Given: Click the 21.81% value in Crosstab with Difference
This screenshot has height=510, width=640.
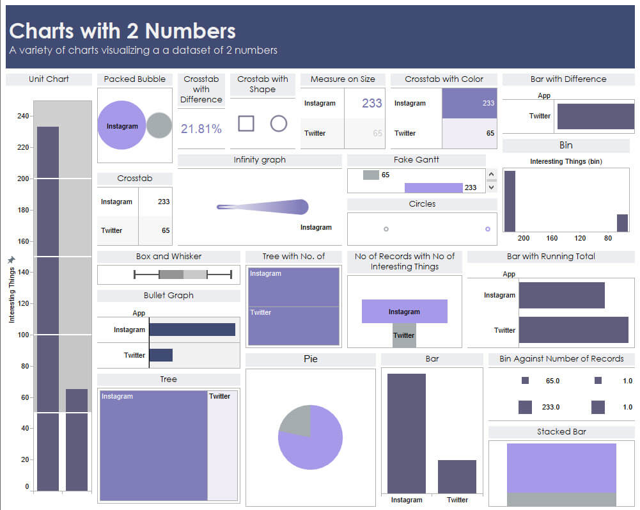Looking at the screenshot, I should [201, 129].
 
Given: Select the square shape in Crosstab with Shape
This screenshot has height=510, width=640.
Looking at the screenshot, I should [246, 123].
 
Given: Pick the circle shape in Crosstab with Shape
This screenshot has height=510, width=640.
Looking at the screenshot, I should [279, 123].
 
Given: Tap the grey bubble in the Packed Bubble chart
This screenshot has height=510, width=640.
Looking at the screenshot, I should [159, 125].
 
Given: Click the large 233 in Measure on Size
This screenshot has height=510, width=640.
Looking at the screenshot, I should [371, 103].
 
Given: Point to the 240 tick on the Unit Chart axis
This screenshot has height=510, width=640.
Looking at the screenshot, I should [23, 116].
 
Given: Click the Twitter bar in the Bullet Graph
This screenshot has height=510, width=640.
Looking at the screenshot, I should [160, 355].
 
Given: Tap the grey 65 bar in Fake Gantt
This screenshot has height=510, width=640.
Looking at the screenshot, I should [371, 175].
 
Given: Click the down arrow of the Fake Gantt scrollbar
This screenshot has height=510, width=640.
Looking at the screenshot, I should [491, 187].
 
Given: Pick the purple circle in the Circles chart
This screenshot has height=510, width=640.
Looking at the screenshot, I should [488, 228].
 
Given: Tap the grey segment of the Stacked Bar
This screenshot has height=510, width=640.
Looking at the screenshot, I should [561, 499].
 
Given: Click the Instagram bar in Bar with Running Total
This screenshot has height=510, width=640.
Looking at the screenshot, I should [561, 295].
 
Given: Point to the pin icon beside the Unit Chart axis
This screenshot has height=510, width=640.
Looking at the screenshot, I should [11, 260].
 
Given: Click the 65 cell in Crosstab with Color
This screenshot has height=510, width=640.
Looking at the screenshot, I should [469, 133].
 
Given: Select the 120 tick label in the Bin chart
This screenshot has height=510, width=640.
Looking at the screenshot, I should [580, 238].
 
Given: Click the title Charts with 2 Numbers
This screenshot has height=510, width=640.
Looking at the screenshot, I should [122, 31].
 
